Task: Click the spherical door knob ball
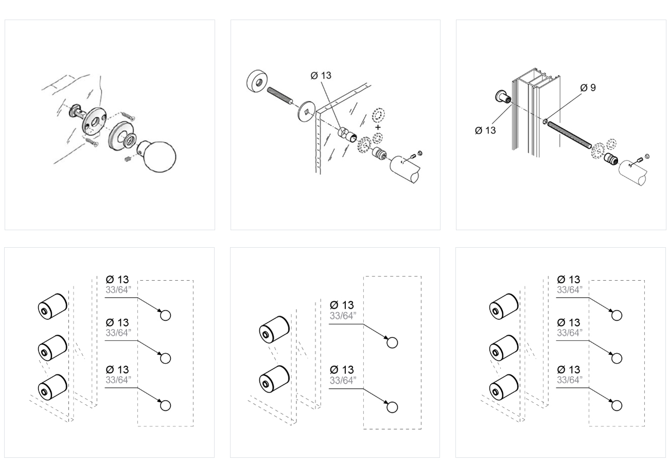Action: pos(160,156)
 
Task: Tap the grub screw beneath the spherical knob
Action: pos(128,160)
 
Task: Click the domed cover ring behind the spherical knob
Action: pos(121,135)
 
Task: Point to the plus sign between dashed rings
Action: pos(378,127)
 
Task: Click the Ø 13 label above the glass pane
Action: pos(321,76)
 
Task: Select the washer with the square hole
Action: pos(307,110)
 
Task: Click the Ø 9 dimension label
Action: pos(588,88)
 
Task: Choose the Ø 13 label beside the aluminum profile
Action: pos(485,130)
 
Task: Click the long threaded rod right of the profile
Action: pos(569,135)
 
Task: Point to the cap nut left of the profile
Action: pos(502,97)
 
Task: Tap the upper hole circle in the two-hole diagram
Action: pos(392,342)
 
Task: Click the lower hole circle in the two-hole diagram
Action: pos(392,407)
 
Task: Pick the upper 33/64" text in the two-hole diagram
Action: pos(343,316)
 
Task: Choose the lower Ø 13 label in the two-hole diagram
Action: pos(342,370)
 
